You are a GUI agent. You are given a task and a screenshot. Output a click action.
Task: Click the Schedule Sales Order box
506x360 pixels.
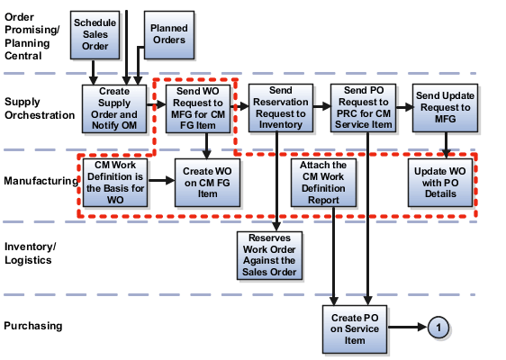95,33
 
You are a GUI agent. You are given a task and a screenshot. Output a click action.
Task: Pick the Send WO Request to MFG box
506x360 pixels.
196,109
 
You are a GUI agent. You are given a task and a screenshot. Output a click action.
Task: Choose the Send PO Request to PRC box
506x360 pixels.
364,109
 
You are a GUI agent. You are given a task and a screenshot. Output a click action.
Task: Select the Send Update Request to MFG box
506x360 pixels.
445,109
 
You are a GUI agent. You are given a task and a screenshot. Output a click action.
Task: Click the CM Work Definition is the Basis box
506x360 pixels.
115,183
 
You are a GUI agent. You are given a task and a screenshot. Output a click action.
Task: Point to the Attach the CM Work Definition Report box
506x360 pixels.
321,183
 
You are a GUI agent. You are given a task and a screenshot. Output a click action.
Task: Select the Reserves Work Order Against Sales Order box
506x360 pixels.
269,256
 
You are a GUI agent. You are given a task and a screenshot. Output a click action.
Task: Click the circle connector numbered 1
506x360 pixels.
438,328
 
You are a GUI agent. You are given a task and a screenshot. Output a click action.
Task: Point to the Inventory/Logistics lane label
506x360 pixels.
31,252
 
